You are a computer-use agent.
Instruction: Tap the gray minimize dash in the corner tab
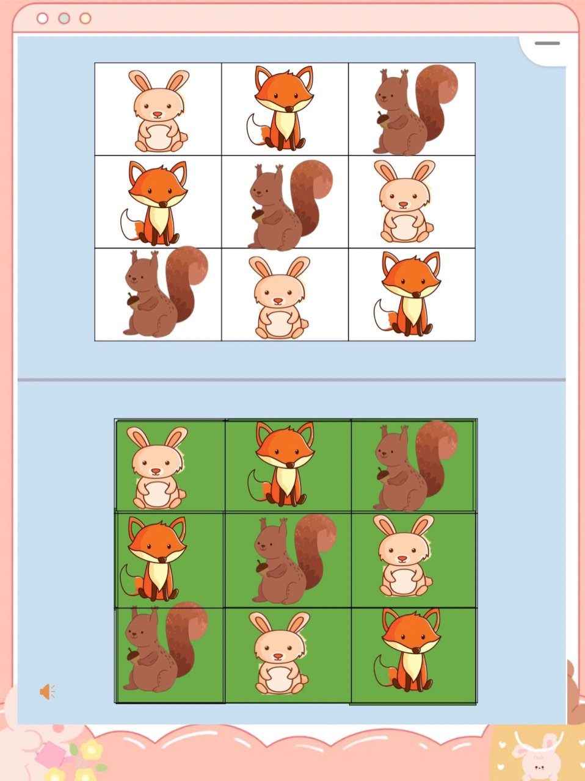(547, 43)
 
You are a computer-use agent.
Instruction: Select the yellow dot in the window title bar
(85, 18)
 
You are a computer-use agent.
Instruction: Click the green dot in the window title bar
(64, 18)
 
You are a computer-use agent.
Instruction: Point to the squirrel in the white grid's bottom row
(159, 294)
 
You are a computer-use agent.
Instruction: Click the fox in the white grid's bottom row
(409, 294)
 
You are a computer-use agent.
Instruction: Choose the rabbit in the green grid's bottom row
(279, 654)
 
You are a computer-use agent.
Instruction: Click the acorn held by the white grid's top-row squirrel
(383, 118)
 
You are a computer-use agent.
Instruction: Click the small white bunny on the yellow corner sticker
(537, 754)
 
